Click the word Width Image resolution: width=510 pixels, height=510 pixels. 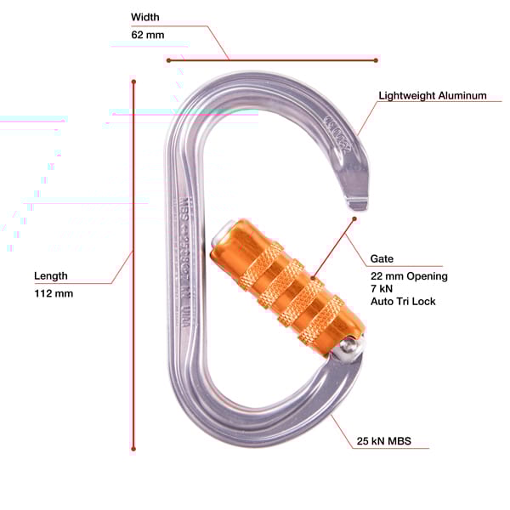[x=144, y=17]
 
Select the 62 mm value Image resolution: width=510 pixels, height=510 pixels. [x=148, y=35]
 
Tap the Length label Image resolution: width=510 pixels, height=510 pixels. [x=51, y=276]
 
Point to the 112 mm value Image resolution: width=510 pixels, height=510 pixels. [x=54, y=293]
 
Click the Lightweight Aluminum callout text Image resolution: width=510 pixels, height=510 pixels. [x=433, y=96]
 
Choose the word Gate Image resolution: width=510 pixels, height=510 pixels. [x=381, y=258]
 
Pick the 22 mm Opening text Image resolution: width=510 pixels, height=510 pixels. [x=408, y=276]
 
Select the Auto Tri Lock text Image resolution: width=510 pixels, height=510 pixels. [x=403, y=302]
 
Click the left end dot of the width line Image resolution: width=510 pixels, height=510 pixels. [x=168, y=60]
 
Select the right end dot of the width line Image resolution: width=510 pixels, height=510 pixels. [x=376, y=59]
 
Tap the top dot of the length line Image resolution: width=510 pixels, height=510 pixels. [x=133, y=82]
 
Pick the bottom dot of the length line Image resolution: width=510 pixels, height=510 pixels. [x=133, y=448]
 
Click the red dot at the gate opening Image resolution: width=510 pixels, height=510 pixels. [x=354, y=218]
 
